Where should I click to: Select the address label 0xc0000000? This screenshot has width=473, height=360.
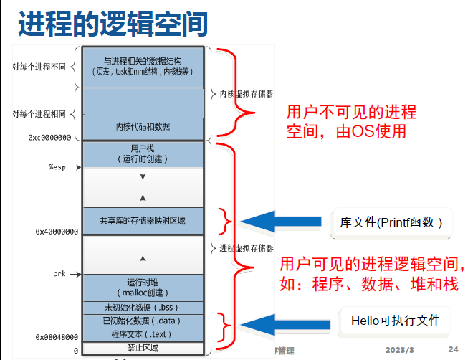tap(49, 136)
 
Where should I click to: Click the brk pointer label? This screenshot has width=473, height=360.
tap(59, 273)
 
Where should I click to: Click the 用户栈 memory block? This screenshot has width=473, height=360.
tap(143, 153)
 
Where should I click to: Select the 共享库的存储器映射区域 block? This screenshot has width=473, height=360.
tap(143, 220)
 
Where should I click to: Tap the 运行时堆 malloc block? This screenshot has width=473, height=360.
tap(143, 287)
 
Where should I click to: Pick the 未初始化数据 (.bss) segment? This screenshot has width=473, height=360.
tap(143, 307)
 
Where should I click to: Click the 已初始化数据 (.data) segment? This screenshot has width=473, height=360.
tap(143, 321)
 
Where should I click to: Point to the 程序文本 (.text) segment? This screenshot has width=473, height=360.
tap(143, 334)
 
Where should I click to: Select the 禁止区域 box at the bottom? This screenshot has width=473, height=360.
tap(143, 349)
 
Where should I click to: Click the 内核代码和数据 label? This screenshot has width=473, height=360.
tap(143, 126)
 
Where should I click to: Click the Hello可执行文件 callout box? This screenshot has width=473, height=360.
tap(395, 321)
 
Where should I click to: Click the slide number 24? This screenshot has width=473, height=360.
tap(453, 349)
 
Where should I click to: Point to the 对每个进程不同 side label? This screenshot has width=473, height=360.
tap(39, 67)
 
